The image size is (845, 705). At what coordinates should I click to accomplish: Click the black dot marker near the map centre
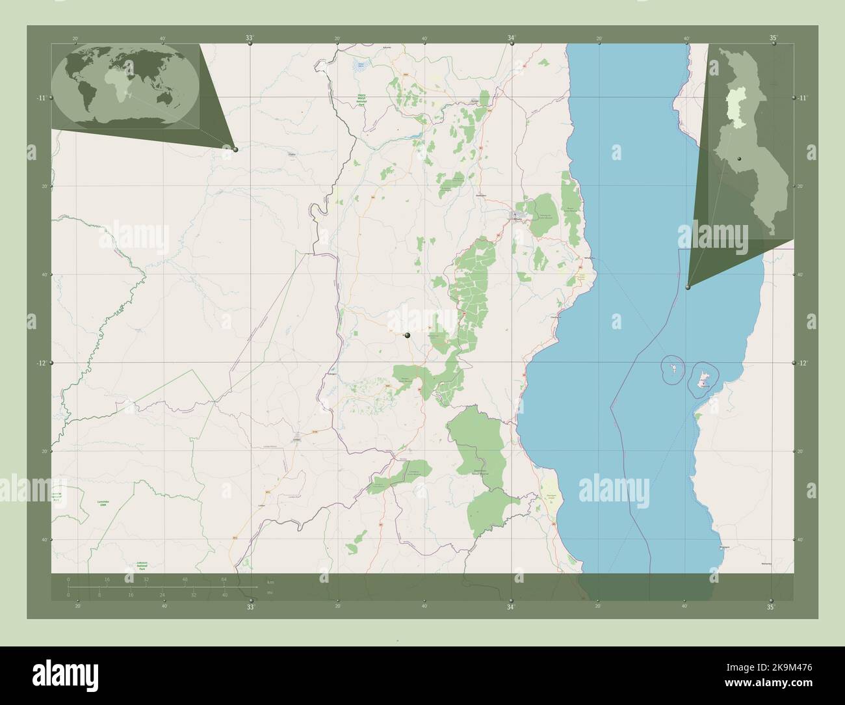coord(408,335)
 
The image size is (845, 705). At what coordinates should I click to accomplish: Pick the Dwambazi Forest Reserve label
coord(481,473)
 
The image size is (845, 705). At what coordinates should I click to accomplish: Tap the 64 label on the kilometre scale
coord(224,579)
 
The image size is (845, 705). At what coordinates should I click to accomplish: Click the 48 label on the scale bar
coord(185,579)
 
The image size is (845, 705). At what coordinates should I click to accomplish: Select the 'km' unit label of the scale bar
coord(270,581)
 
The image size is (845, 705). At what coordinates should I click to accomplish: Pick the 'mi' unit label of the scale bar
coord(270,592)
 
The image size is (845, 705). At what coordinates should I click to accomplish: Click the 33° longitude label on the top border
coord(250,38)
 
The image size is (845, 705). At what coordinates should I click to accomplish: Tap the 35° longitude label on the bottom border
coord(772,607)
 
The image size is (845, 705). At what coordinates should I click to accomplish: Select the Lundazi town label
coord(298,440)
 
